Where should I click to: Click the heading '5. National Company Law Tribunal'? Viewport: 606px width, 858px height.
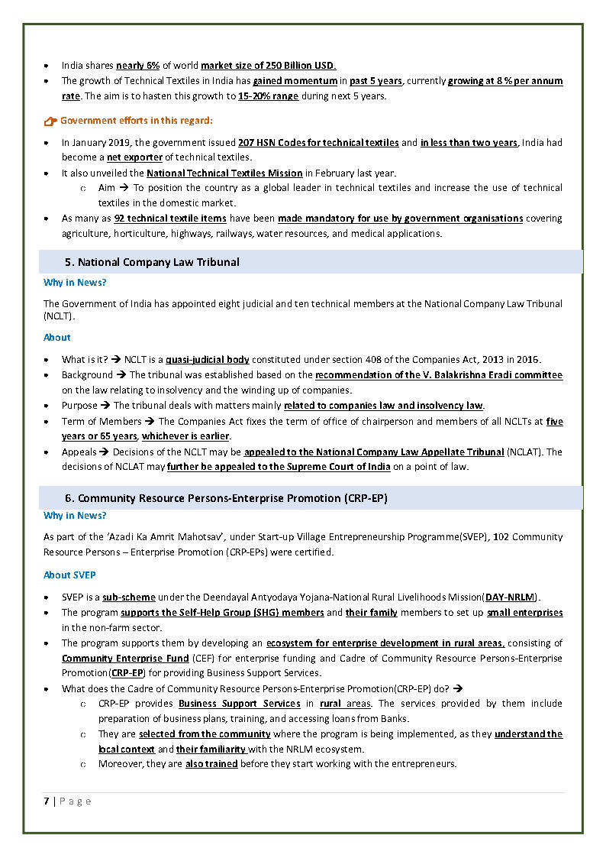(x=152, y=262)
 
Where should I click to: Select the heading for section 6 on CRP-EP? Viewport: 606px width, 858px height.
(x=226, y=498)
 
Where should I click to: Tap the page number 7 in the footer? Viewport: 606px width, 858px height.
(x=47, y=801)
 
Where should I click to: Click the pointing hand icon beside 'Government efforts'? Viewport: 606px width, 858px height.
(x=50, y=121)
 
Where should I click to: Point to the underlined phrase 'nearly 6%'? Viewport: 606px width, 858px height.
(x=137, y=66)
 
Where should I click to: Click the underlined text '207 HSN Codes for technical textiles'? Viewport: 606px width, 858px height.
(x=318, y=142)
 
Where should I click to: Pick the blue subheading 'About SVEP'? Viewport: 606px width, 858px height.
(x=69, y=575)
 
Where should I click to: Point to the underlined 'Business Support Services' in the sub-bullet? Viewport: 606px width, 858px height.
(x=239, y=704)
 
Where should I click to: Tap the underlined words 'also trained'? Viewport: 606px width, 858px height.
(x=211, y=764)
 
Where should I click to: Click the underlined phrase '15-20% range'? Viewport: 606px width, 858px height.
(x=268, y=96)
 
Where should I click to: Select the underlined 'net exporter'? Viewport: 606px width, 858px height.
(x=134, y=157)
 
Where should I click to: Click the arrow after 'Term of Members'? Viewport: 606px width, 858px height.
(x=150, y=422)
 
